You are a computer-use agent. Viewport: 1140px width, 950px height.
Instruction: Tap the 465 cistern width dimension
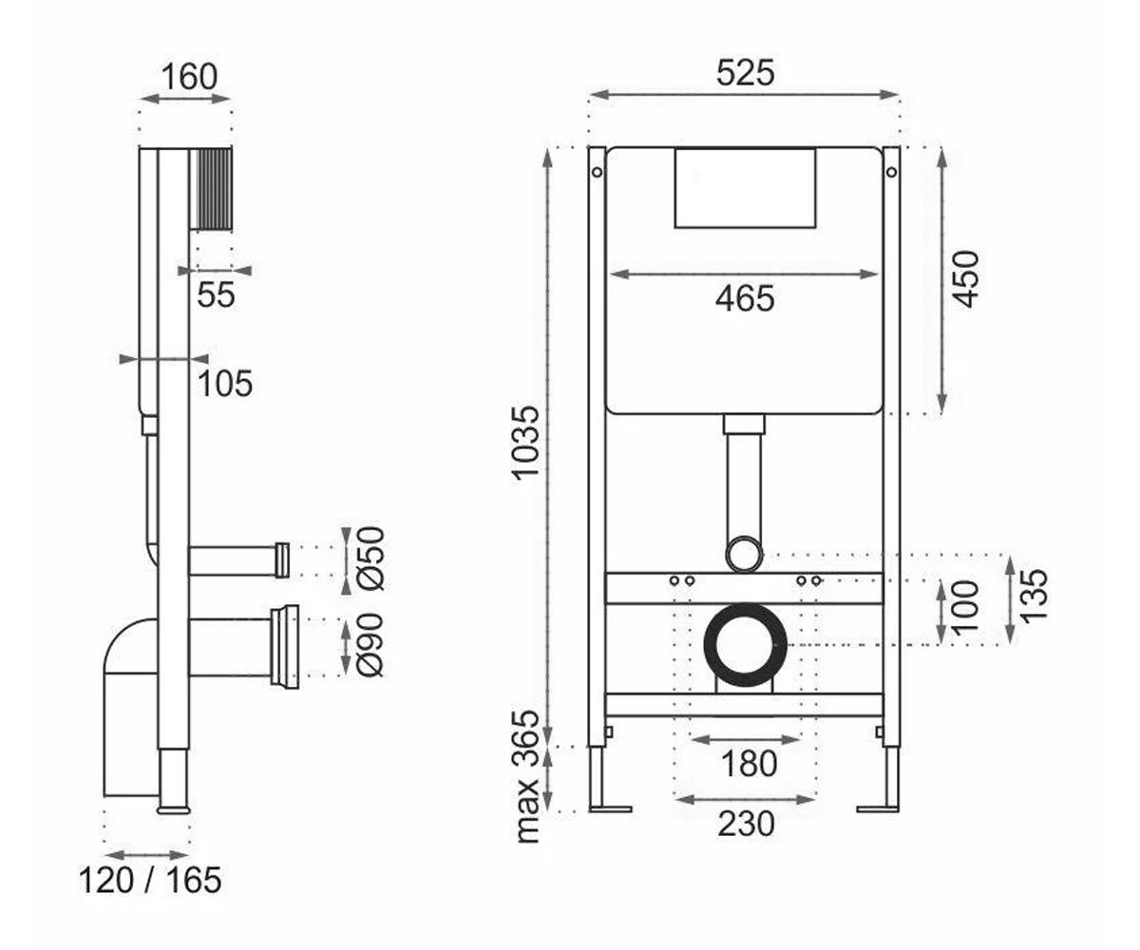[745, 298]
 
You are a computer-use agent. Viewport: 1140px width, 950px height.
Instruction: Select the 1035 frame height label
[526, 443]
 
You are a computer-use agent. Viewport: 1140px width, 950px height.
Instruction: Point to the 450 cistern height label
[965, 279]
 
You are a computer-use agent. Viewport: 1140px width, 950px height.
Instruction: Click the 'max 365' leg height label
[526, 776]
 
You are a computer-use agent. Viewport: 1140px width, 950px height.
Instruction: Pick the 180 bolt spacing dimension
[749, 763]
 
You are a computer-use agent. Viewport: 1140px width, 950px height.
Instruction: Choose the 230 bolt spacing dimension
[746, 824]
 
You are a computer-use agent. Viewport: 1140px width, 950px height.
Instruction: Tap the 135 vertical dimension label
[1034, 595]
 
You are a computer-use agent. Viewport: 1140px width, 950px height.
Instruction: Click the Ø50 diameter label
[371, 559]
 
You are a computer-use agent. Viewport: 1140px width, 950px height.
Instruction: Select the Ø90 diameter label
[371, 645]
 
